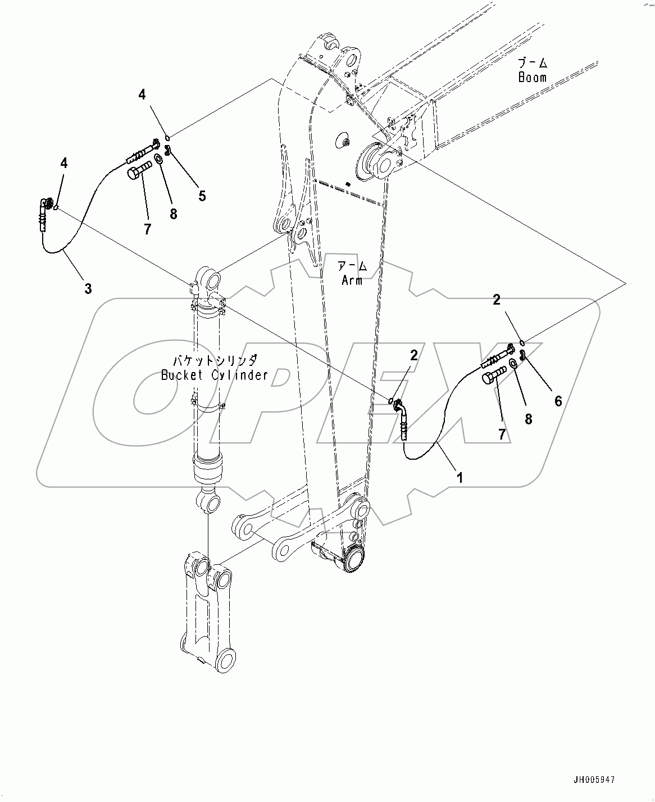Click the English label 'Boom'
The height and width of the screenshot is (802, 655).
(x=532, y=78)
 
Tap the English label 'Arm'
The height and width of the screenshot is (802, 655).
(x=352, y=279)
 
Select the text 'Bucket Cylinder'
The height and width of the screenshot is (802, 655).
(x=215, y=375)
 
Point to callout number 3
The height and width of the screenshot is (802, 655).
(x=88, y=289)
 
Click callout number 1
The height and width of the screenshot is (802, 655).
(x=460, y=478)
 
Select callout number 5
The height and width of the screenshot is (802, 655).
(x=202, y=196)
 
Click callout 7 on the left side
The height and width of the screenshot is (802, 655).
(x=147, y=229)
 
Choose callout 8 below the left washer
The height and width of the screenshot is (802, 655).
(x=173, y=213)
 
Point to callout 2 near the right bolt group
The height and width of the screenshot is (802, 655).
(x=497, y=300)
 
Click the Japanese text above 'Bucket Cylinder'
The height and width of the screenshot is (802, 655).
(x=215, y=360)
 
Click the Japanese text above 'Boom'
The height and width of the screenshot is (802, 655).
(x=533, y=62)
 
